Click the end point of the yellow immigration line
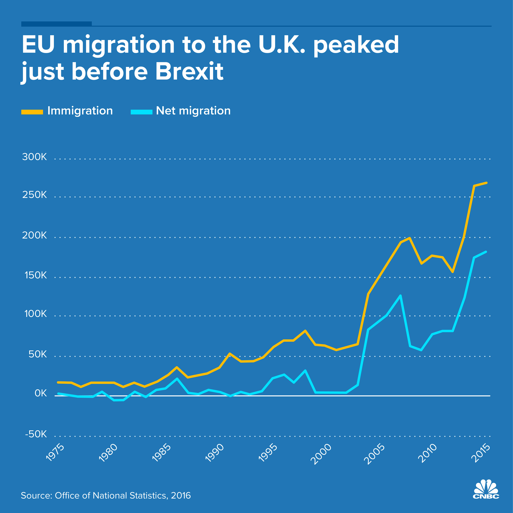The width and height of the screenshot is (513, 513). click(486, 183)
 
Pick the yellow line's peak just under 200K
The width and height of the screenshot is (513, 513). click(410, 238)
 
